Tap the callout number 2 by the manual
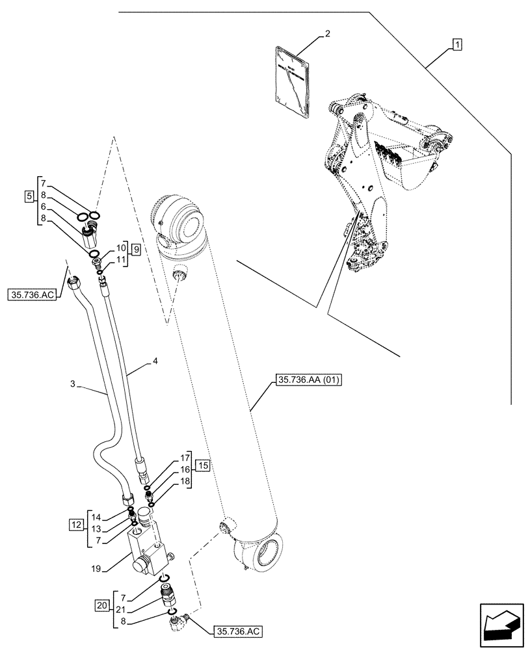[328, 33]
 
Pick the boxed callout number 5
[30, 195]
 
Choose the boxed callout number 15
[203, 465]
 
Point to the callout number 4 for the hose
[155, 360]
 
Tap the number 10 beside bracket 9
[121, 248]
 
